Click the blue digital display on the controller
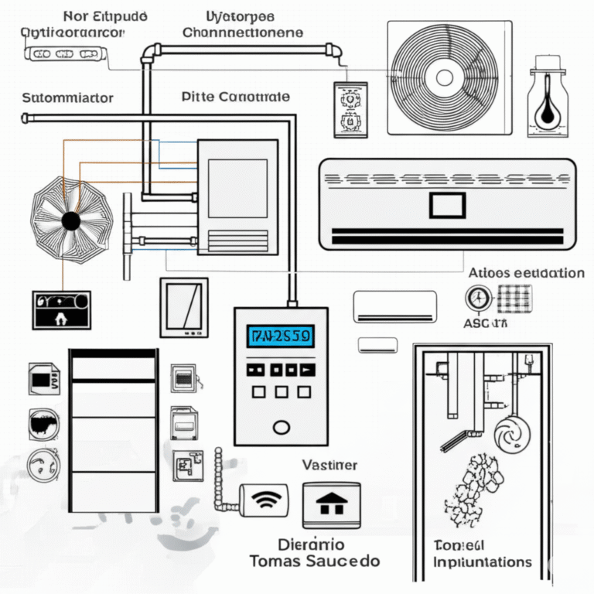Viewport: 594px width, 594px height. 280,336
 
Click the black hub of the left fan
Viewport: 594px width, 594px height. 71,222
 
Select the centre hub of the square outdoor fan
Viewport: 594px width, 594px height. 444,77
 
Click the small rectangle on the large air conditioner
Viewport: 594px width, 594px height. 447,205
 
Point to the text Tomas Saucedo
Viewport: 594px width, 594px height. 314,561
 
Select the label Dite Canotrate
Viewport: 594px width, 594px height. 235,97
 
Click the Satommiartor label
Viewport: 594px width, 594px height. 68,98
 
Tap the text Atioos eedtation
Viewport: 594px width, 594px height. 526,273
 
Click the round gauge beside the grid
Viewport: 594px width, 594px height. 478,298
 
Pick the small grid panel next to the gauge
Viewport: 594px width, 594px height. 514,298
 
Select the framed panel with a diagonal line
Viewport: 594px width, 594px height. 184,307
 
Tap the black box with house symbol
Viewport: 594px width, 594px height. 61,309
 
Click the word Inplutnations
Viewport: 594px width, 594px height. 483,562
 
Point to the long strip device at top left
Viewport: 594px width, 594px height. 66,54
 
